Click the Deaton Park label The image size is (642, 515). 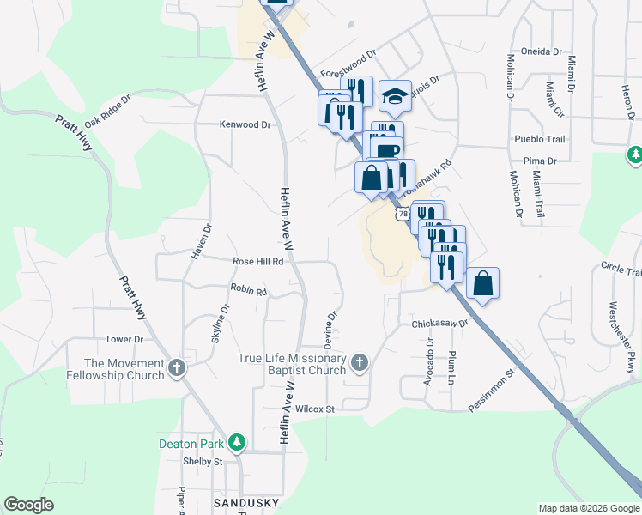click(x=191, y=444)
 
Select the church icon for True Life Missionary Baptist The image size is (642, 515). click(x=359, y=365)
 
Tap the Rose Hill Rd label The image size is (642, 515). click(x=257, y=261)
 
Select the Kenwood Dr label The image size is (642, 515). click(x=245, y=124)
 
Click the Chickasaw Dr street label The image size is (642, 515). click(x=439, y=324)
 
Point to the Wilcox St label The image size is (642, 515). click(x=314, y=409)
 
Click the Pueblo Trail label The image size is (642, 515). click(x=539, y=139)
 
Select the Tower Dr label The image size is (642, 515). click(x=118, y=339)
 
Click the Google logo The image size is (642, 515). click(x=28, y=505)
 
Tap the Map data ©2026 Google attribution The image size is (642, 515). click(x=588, y=508)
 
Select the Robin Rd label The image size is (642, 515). click(x=249, y=291)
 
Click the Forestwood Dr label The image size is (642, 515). click(x=348, y=64)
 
